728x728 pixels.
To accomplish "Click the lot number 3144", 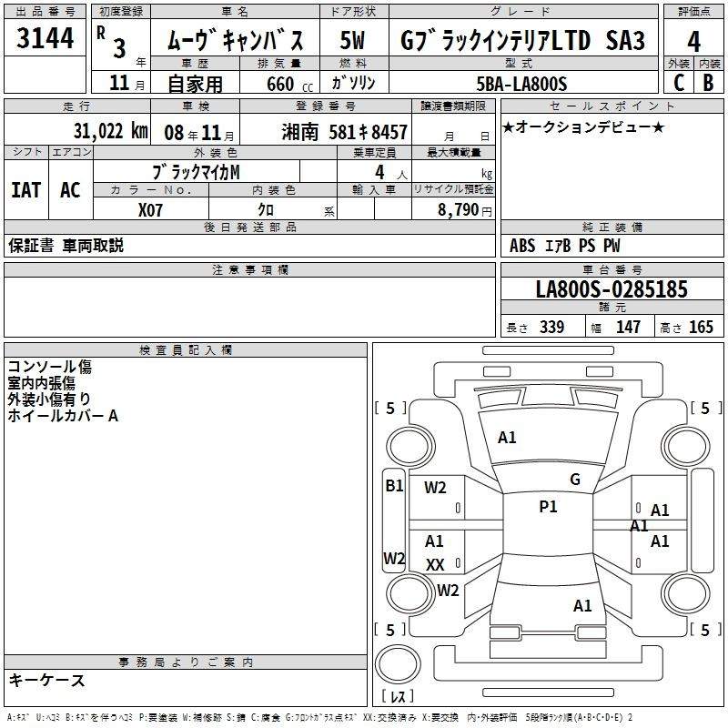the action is point(45,38).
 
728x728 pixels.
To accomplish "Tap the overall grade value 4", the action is point(693,42).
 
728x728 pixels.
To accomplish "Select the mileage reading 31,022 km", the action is point(110,131).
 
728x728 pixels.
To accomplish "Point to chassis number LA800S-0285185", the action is point(612,289).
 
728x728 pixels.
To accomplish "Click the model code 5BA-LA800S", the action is point(521,84).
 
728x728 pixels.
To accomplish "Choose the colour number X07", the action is point(150,210).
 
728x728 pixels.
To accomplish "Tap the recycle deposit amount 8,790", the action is point(459,210).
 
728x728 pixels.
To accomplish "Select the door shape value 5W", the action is point(352,40).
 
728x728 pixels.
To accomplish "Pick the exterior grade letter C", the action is point(679,83).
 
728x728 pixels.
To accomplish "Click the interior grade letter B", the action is point(708,83).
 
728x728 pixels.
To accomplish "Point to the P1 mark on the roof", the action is point(548,507).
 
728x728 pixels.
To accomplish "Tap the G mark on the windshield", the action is point(575,480).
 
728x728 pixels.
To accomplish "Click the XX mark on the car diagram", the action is point(435,564).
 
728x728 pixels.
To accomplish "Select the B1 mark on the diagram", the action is point(394,486).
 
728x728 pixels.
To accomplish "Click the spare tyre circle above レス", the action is point(398,664).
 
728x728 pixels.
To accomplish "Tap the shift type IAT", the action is point(26,190).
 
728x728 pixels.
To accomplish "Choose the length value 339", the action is point(551,327).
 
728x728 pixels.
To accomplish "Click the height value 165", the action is point(701,327).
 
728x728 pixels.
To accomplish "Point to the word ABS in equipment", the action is point(522,246).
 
